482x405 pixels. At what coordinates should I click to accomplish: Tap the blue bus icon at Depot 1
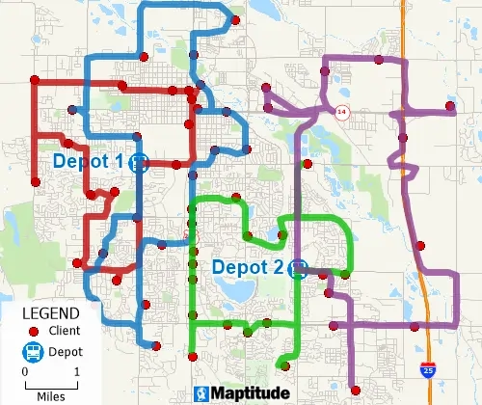tap(139, 162)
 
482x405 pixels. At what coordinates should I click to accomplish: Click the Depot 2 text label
tap(249, 267)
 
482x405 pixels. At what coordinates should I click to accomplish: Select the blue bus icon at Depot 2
tap(300, 268)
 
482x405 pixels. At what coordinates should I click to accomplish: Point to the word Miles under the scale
tap(51, 395)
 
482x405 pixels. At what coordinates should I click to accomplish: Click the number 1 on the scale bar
tap(77, 371)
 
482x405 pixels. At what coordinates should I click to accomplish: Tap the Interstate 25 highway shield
tap(427, 369)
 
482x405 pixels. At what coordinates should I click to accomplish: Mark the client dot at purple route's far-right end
tap(450, 106)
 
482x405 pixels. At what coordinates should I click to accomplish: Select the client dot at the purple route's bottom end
tap(356, 390)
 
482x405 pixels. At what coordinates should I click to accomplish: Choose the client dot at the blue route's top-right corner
tap(234, 20)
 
